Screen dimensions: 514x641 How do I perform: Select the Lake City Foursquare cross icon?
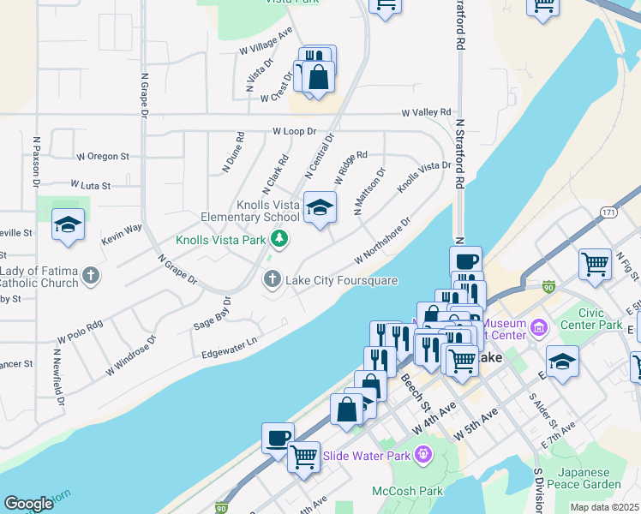[273, 278]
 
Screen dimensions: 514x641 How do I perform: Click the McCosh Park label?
[407, 491]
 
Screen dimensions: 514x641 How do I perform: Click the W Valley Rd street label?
[427, 113]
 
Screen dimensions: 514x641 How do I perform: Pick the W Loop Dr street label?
[295, 132]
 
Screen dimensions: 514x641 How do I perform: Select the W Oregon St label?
[103, 157]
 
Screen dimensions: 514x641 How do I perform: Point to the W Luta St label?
[94, 185]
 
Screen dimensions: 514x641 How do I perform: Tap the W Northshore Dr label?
[382, 241]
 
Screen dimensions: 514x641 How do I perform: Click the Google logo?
[28, 504]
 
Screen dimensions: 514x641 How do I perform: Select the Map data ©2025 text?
[604, 507]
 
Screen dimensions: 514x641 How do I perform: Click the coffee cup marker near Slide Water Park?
[278, 437]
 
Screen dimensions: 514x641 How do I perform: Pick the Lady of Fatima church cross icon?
[92, 276]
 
